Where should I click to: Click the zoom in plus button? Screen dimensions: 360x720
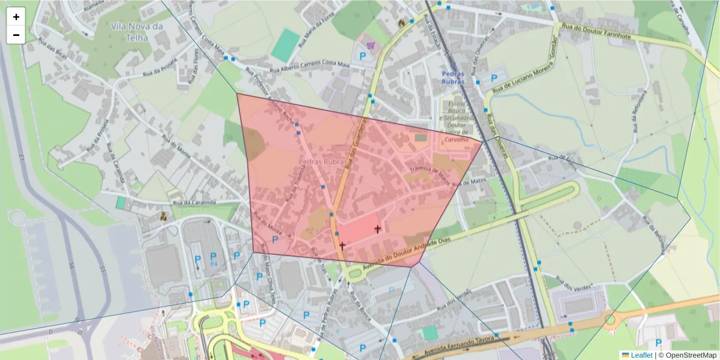[16, 17]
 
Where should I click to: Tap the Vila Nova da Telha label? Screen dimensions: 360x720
[137, 31]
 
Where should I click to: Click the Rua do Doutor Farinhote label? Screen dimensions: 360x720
[598, 31]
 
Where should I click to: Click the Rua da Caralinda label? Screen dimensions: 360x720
[194, 203]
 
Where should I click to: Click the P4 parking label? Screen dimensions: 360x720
[214, 264]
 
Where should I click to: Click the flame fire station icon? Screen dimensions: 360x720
[401, 22]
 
